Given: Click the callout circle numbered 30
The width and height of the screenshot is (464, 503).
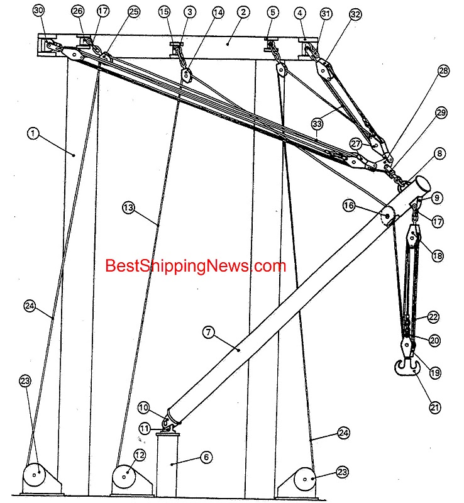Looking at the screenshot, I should [x=39, y=11].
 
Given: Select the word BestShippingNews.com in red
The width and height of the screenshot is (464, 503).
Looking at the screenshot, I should [x=195, y=266].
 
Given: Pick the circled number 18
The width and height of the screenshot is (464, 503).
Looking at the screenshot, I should [x=435, y=255].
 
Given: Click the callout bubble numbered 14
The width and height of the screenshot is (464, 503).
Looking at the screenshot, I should [x=218, y=12].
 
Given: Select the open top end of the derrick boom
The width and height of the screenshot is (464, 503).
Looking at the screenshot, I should [x=421, y=184].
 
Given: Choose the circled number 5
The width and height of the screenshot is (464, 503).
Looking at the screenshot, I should [x=272, y=11].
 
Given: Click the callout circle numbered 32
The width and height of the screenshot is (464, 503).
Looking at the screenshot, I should [x=356, y=14].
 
